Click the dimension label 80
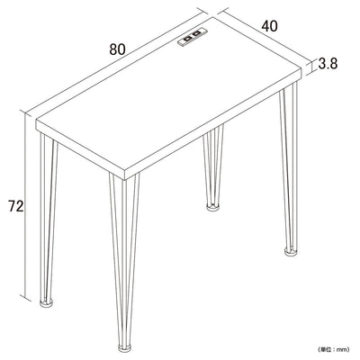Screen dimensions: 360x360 (117, 49)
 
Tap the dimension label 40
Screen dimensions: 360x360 (269, 26)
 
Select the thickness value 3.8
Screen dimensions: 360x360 (328, 64)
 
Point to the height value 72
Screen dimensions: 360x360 (15, 206)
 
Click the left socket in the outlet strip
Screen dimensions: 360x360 (187, 39)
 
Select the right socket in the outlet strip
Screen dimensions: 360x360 (196, 34)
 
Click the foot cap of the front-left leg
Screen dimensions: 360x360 (47, 302)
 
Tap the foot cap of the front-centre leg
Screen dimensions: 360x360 (125, 348)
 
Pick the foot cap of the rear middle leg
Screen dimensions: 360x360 (212, 207)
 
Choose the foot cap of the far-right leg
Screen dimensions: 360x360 (291, 252)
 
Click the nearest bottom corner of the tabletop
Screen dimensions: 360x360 (124, 180)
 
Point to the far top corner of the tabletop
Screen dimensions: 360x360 (213, 17)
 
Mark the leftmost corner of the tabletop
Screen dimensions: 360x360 (36, 121)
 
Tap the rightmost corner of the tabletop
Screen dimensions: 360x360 (301, 69)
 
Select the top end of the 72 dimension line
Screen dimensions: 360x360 (25, 112)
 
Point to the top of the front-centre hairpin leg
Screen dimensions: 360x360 (124, 177)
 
